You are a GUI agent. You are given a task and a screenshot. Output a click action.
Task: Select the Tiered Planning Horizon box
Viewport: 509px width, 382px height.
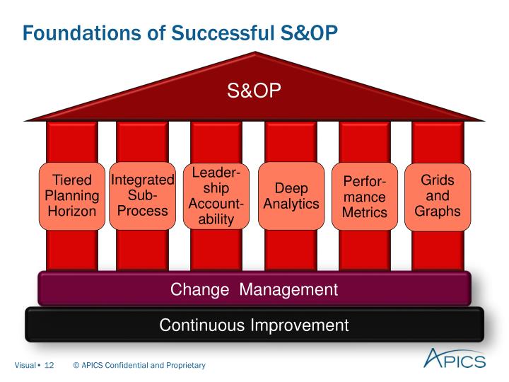71,196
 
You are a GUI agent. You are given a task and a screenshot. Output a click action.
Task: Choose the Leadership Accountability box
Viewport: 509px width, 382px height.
216,196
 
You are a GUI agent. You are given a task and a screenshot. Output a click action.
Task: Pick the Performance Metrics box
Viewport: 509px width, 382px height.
365,196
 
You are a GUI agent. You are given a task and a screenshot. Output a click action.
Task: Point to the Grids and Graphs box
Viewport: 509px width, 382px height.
438,196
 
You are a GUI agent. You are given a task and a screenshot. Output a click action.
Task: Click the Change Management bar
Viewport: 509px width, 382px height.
254,289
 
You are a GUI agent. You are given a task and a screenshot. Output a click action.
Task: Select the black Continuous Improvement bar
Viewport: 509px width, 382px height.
254,325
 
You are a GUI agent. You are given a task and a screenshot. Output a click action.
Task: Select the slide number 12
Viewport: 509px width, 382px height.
49,365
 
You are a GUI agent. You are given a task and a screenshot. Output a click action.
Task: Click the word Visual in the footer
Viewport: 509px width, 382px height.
27,365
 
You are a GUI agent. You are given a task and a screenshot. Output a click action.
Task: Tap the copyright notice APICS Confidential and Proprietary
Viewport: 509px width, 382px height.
139,365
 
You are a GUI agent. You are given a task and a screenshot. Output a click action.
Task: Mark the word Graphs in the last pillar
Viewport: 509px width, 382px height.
438,211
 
